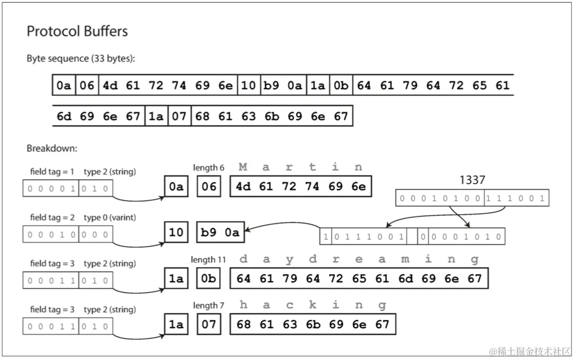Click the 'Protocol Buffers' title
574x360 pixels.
tap(77, 32)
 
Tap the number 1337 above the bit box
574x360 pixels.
tap(472, 180)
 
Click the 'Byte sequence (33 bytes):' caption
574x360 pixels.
tap(81, 58)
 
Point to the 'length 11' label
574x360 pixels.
tap(208, 260)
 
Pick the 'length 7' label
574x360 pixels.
tap(208, 305)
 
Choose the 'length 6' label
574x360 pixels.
tap(208, 168)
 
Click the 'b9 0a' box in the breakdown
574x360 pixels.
tap(220, 233)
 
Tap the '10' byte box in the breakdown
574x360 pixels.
tap(176, 233)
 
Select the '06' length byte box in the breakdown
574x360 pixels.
tap(209, 187)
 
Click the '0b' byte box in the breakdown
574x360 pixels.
tap(209, 279)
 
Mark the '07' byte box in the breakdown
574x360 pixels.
tap(209, 324)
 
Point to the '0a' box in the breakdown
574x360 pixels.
tap(176, 187)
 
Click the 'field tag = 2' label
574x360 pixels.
tap(52, 218)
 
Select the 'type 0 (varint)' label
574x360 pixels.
tap(109, 218)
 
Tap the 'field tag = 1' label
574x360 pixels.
tap(52, 172)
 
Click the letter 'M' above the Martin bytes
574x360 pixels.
tap(243, 167)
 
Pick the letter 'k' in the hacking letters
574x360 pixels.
tap(313, 305)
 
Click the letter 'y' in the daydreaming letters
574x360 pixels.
tap(290, 260)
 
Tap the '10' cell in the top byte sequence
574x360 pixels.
tap(248, 85)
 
